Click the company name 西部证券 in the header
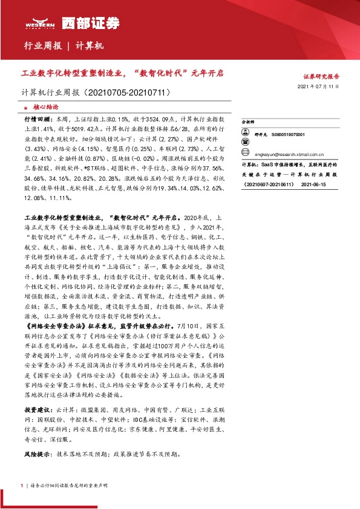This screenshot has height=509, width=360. pos(91,22)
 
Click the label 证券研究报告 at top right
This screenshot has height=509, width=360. pos(321,77)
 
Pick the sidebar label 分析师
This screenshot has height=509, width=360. pos(249,122)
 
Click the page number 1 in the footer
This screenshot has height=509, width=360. pos(22,485)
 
